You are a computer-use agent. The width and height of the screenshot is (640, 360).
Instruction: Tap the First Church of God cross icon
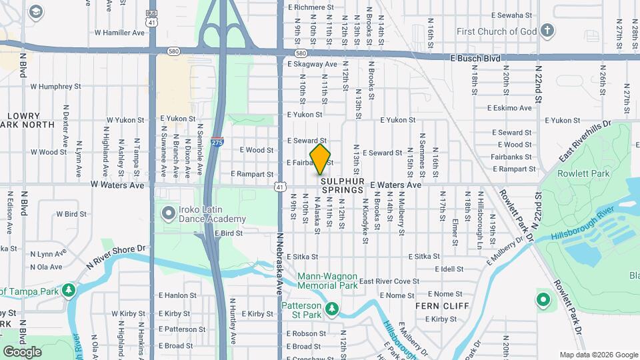click(547, 31)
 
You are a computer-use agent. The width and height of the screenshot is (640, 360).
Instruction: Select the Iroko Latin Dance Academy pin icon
click(166, 213)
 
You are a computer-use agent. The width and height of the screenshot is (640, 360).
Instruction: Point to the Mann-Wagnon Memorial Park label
click(327, 281)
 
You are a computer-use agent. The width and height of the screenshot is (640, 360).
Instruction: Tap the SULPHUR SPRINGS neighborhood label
click(343, 185)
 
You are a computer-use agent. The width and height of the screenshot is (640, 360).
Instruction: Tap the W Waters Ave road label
click(117, 185)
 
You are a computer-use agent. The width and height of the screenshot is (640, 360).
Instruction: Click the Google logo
click(22, 351)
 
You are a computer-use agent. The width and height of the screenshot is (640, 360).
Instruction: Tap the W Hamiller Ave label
click(119, 32)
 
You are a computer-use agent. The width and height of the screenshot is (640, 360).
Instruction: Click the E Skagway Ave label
click(313, 64)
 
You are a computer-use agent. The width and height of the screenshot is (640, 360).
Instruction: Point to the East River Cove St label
click(389, 281)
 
